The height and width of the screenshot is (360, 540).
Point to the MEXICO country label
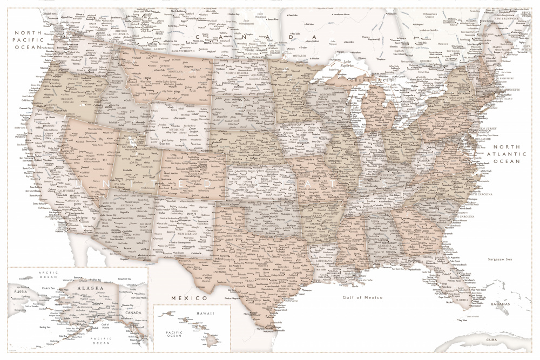coord(189,298)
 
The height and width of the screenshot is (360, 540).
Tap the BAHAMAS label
coord(500,305)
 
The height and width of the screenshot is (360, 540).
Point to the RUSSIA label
coord(20,291)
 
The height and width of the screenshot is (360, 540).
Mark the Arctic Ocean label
coord(48,275)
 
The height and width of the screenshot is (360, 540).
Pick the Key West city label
coord(462,321)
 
